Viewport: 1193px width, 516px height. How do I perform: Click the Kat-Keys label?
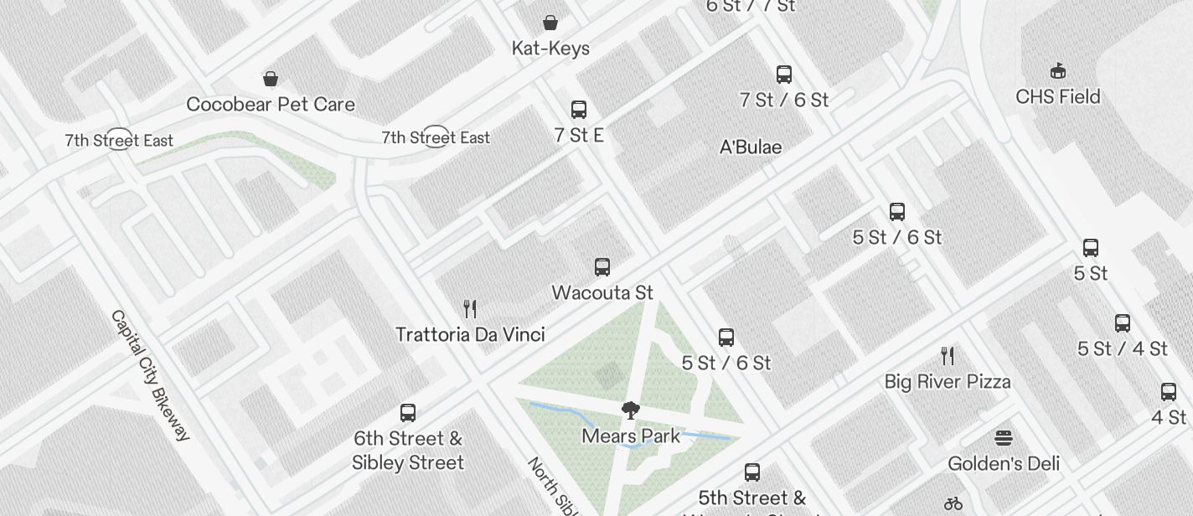pyautogui.click(x=550, y=49)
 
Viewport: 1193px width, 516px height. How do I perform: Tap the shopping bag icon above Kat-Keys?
pyautogui.click(x=550, y=22)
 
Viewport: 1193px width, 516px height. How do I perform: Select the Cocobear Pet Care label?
pyautogui.click(x=271, y=105)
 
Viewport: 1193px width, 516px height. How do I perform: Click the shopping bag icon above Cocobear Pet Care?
pyautogui.click(x=271, y=79)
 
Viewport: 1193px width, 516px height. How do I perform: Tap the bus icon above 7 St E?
pyautogui.click(x=579, y=109)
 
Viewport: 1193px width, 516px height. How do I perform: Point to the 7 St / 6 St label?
pyautogui.click(x=784, y=101)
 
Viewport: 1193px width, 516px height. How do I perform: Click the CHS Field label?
pyautogui.click(x=1058, y=97)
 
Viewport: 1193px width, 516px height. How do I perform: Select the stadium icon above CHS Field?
pyautogui.click(x=1058, y=70)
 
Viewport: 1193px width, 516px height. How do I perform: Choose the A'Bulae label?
pyautogui.click(x=751, y=147)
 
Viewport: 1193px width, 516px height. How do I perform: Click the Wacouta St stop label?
pyautogui.click(x=602, y=293)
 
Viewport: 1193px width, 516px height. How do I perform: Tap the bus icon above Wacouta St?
pyautogui.click(x=602, y=267)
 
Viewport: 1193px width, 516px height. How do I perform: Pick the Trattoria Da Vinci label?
pyautogui.click(x=470, y=335)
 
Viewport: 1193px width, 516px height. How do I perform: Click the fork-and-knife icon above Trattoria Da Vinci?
pyautogui.click(x=470, y=309)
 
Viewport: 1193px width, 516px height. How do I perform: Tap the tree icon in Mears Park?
pyautogui.click(x=631, y=410)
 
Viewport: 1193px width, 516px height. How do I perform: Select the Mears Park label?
pyautogui.click(x=631, y=436)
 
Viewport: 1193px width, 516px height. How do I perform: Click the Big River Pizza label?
pyautogui.click(x=948, y=382)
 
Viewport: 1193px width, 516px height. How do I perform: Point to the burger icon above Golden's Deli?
pyautogui.click(x=1004, y=437)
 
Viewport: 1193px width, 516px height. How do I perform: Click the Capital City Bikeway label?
pyautogui.click(x=151, y=375)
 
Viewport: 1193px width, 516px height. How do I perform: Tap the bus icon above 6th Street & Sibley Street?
pyautogui.click(x=408, y=413)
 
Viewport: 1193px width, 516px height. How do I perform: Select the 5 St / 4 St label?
pyautogui.click(x=1123, y=349)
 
